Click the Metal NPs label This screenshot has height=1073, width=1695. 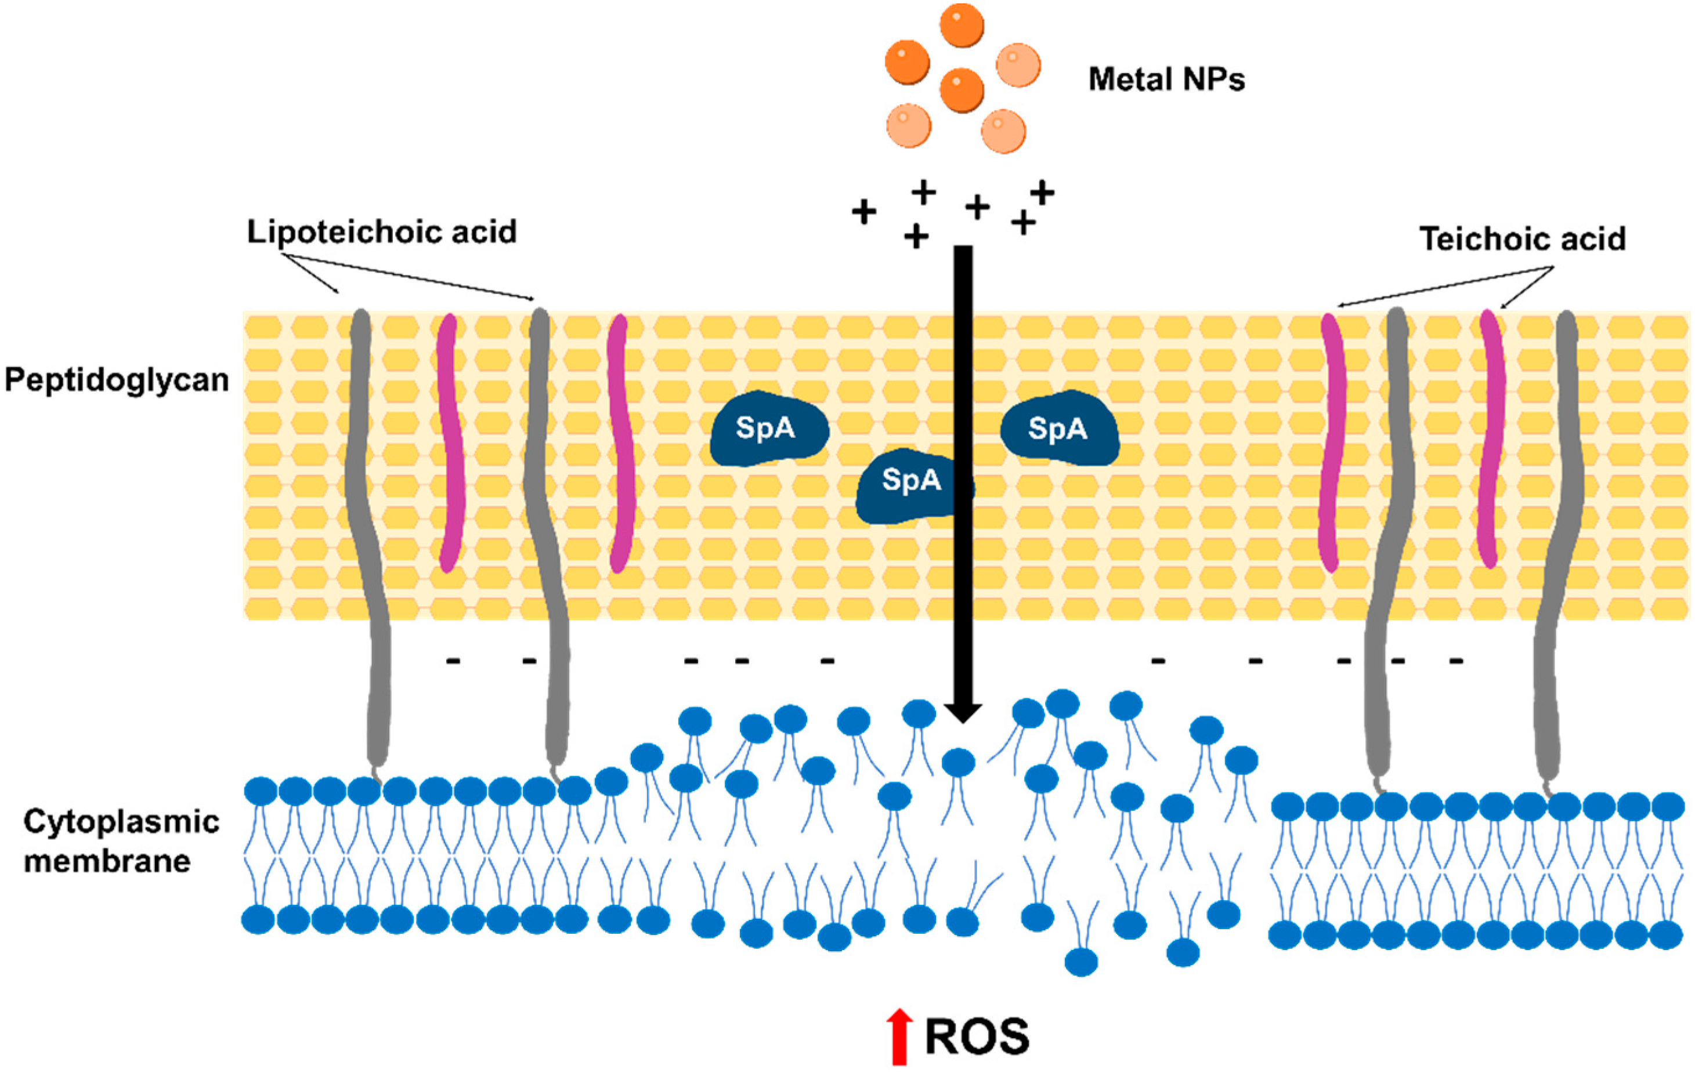1166,79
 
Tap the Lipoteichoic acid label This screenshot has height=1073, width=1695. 381,231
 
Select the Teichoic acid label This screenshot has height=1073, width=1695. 1522,239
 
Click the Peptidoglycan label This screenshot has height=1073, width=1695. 117,380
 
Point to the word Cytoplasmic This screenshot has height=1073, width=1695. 121,821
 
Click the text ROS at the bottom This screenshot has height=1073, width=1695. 976,1036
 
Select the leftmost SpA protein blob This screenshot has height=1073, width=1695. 768,429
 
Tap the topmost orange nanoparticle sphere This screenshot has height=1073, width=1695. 962,24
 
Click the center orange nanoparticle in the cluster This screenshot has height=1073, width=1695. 962,89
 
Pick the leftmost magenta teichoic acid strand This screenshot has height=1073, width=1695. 450,443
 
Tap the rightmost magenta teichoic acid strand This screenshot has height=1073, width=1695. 1491,436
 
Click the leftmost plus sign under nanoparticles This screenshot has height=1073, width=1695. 863,211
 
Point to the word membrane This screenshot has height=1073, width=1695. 107,861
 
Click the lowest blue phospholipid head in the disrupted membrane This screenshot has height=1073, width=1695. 1081,961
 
